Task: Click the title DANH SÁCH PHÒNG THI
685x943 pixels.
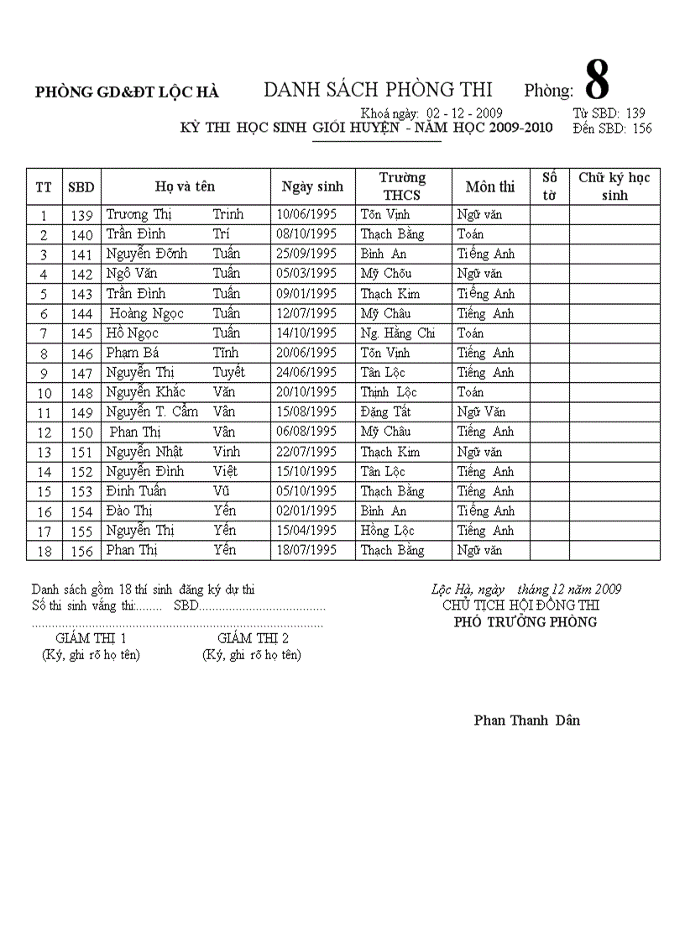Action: (378, 90)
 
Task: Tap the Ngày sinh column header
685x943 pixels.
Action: (312, 186)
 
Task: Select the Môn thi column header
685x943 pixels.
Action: (490, 186)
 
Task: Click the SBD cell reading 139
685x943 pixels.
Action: (81, 215)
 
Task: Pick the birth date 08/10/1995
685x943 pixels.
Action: (306, 234)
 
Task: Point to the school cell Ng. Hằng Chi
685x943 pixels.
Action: (398, 333)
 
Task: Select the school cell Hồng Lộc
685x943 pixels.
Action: (387, 531)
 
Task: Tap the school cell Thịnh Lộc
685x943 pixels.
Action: (389, 392)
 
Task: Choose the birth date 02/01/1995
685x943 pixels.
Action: (306, 511)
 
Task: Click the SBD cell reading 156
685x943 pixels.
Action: (81, 551)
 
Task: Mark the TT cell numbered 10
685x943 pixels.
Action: (44, 393)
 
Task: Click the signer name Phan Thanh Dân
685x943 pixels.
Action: (526, 720)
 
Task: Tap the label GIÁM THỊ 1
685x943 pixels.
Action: (91, 639)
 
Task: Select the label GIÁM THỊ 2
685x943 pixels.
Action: (253, 639)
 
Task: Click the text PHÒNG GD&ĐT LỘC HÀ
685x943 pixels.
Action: (127, 93)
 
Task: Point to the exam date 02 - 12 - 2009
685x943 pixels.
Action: (464, 113)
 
